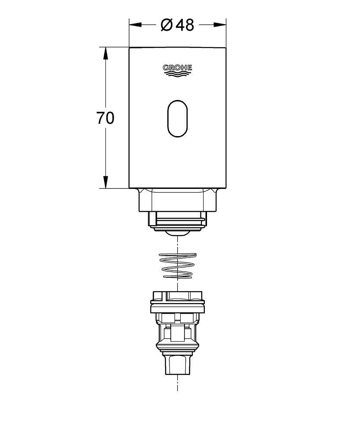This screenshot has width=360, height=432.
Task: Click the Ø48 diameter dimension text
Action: (177, 25)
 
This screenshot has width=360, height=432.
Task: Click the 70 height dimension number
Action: (105, 118)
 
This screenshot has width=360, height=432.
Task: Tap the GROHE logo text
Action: (177, 67)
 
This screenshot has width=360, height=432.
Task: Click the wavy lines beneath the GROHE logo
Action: (177, 75)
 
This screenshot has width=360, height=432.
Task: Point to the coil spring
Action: (177, 266)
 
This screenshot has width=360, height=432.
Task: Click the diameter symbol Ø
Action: (167, 25)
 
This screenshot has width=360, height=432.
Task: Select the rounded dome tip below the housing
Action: (177, 233)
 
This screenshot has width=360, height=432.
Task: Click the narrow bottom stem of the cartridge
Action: (177, 365)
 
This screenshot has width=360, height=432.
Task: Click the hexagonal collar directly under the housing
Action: (177, 200)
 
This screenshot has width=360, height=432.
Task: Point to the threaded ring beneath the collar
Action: (177, 220)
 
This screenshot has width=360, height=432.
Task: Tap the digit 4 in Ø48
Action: (179, 25)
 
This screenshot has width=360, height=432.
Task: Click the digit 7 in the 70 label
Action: (101, 118)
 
